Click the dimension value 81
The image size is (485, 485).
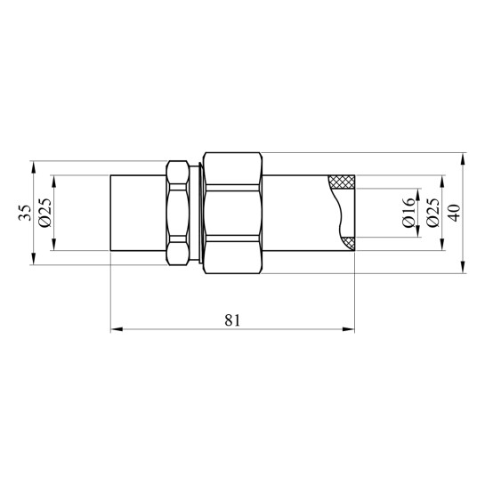point(232,320)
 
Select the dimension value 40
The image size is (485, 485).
point(455,213)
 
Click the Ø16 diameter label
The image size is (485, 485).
point(408,213)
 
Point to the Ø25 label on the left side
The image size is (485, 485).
point(45,213)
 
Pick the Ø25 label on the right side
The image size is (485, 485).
point(432,213)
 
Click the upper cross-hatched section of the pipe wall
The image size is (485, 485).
point(342,182)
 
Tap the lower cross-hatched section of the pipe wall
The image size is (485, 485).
point(348,244)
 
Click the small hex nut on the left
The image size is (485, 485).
point(178,213)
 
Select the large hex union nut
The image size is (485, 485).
point(233,213)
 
